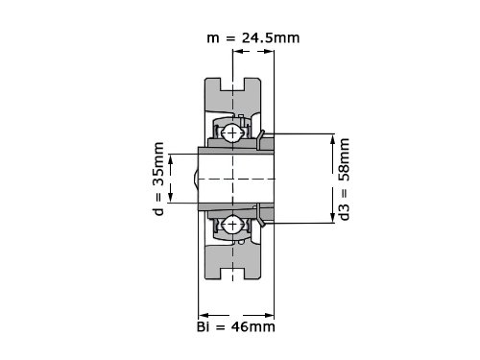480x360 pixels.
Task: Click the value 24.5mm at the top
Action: [x=271, y=37]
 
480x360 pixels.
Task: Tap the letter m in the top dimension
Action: [x=213, y=38]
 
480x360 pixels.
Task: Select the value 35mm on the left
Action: [x=158, y=163]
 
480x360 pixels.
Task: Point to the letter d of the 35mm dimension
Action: [x=158, y=211]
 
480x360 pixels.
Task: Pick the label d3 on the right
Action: [x=345, y=212]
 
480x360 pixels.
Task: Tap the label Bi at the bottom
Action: [x=204, y=326]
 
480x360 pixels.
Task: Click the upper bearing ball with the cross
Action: [x=232, y=132]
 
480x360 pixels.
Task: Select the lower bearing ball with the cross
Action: [x=232, y=225]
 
